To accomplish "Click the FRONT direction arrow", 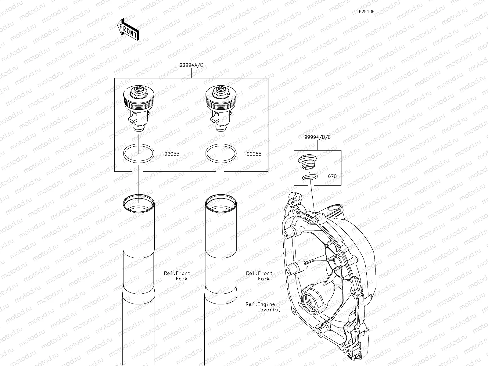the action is tap(128, 30).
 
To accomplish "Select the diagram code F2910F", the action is tap(366, 12).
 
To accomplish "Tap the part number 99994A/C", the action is tap(191, 65).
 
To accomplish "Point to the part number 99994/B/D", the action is tap(318, 137).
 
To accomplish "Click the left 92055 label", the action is tap(172, 154).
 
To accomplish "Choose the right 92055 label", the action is tap(254, 154).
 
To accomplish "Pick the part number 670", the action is tap(332, 176).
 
